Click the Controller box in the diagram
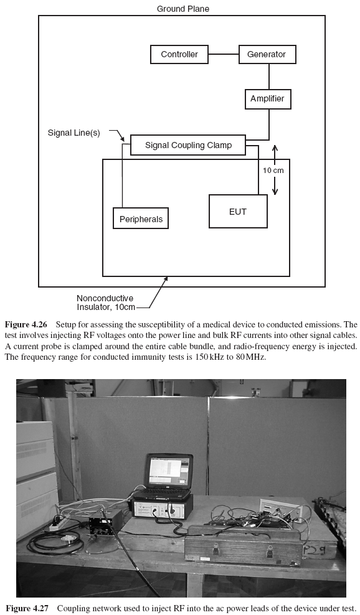(x=179, y=54)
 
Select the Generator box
(x=267, y=54)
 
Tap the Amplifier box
(x=267, y=99)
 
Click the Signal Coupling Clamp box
(x=188, y=146)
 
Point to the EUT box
(x=238, y=212)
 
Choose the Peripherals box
(x=141, y=219)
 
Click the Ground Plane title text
(x=183, y=9)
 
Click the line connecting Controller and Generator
(x=223, y=54)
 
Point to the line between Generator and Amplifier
(x=268, y=77)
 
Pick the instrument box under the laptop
(x=159, y=507)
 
